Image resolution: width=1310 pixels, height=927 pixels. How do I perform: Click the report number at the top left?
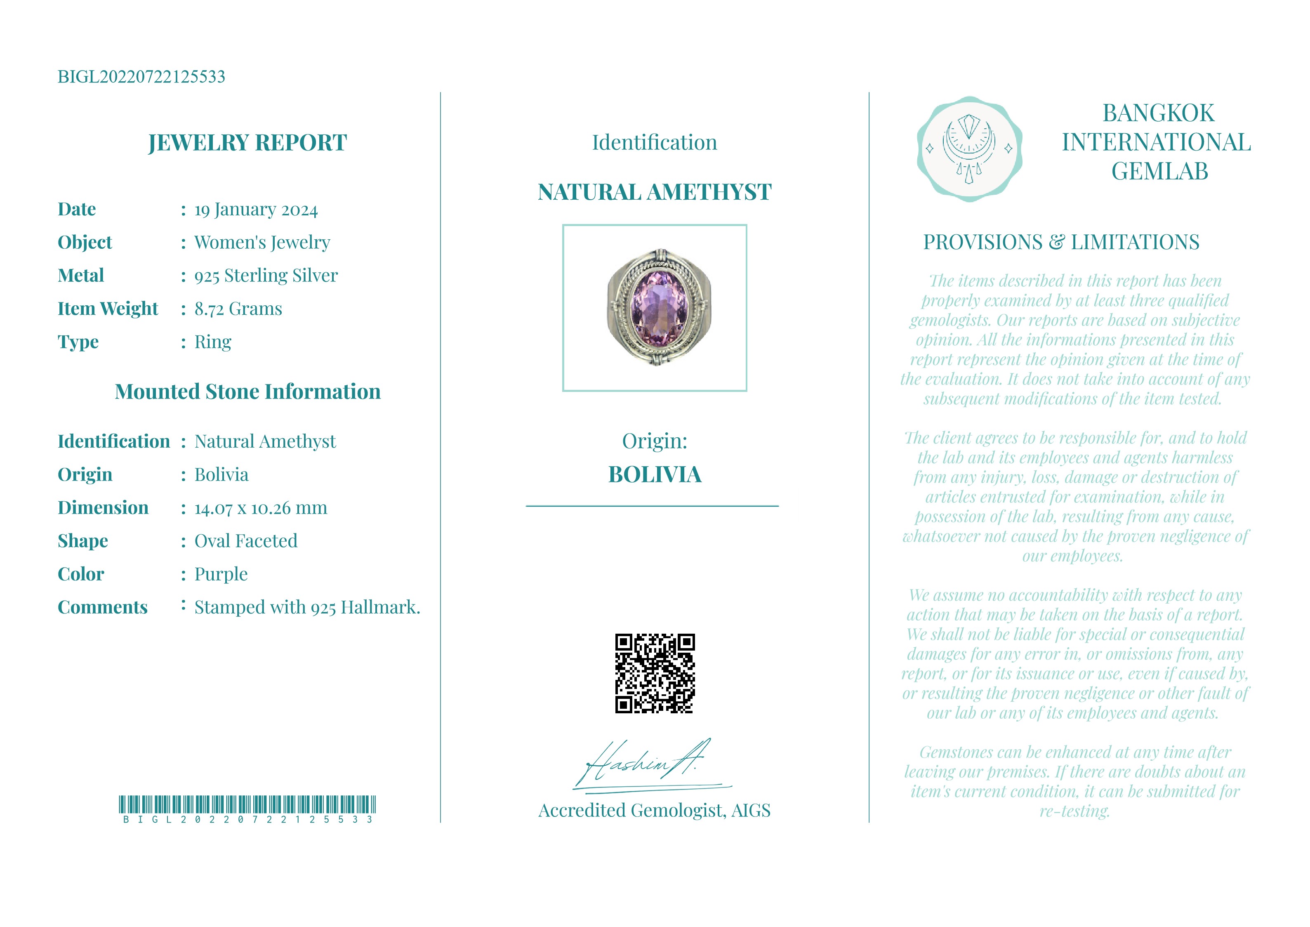point(141,76)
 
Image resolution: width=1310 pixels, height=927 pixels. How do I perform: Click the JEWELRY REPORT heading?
point(247,143)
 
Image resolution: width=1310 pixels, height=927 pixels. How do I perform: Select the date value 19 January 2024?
point(256,210)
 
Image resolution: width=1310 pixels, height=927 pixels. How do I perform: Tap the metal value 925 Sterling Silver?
point(266,276)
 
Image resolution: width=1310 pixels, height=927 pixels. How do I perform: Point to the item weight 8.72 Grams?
point(238,309)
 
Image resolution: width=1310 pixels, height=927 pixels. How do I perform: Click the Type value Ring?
point(213,342)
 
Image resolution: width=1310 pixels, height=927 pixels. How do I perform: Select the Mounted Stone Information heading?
point(247,392)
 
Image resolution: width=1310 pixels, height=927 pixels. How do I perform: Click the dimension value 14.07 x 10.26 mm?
point(261,508)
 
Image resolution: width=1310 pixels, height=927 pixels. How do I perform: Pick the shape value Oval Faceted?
point(246,541)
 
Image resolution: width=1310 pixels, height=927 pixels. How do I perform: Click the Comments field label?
point(103,607)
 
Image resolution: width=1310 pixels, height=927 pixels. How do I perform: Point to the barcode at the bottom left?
point(247,804)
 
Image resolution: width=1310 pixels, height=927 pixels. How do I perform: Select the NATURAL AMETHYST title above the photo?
point(655,192)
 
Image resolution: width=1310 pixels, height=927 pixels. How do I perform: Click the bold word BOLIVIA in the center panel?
point(655,475)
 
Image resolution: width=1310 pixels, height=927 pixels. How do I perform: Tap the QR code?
point(655,674)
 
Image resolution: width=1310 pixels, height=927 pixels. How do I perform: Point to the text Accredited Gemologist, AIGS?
point(655,811)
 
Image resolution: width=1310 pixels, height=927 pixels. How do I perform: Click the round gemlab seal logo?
point(969,149)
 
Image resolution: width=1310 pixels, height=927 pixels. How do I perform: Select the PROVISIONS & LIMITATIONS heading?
point(1061,243)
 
